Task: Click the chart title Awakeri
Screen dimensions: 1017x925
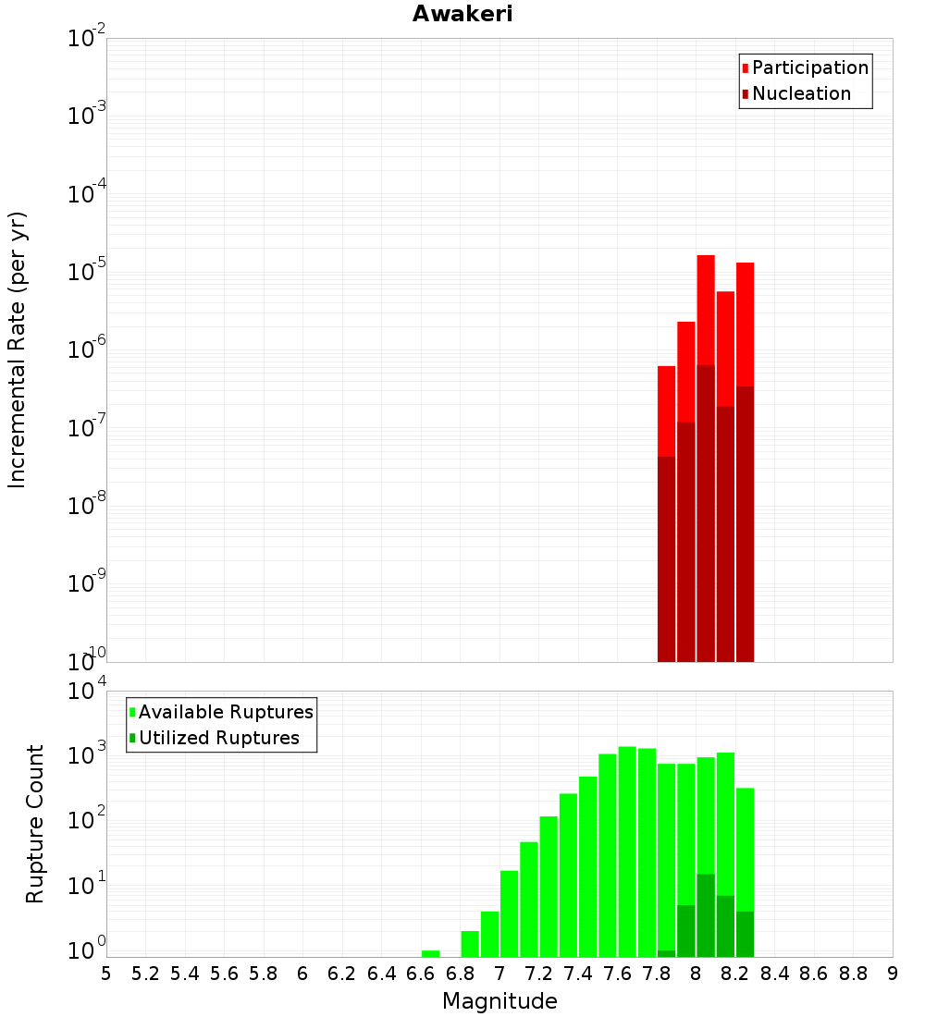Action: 462,14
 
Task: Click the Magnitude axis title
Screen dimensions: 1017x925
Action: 499,1001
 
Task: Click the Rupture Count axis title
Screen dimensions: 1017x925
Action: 35,824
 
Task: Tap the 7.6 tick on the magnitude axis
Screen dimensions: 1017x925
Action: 618,973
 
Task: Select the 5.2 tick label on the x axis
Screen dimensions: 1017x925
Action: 145,973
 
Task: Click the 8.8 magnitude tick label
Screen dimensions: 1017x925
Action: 853,973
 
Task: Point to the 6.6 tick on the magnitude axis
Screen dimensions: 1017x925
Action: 421,973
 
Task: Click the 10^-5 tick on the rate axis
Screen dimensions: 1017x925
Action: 87,274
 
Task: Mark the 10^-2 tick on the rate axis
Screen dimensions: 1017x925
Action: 87,40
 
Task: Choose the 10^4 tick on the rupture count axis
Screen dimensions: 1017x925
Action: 87,692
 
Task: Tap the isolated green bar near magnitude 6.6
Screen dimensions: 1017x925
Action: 430,953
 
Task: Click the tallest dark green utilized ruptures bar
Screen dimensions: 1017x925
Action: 706,915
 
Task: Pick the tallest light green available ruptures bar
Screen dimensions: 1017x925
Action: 627,851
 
